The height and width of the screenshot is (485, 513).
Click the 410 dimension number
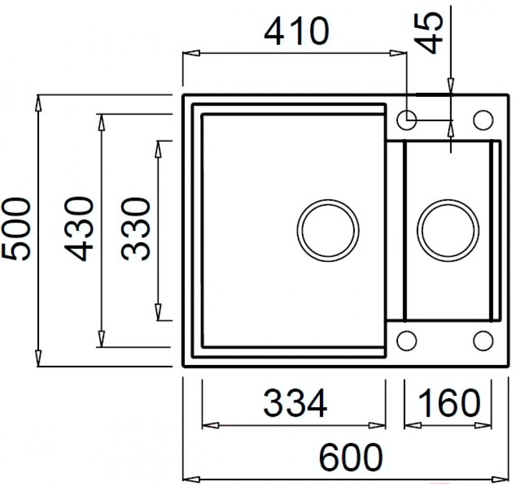pyautogui.click(x=296, y=31)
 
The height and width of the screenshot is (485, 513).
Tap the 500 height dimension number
pyautogui.click(x=16, y=229)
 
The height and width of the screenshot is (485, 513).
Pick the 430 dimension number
pyautogui.click(x=79, y=228)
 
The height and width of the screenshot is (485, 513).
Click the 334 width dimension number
pyautogui.click(x=295, y=402)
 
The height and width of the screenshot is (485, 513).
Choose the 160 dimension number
pyautogui.click(x=448, y=402)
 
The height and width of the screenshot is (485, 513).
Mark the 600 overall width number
pyautogui.click(x=351, y=457)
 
